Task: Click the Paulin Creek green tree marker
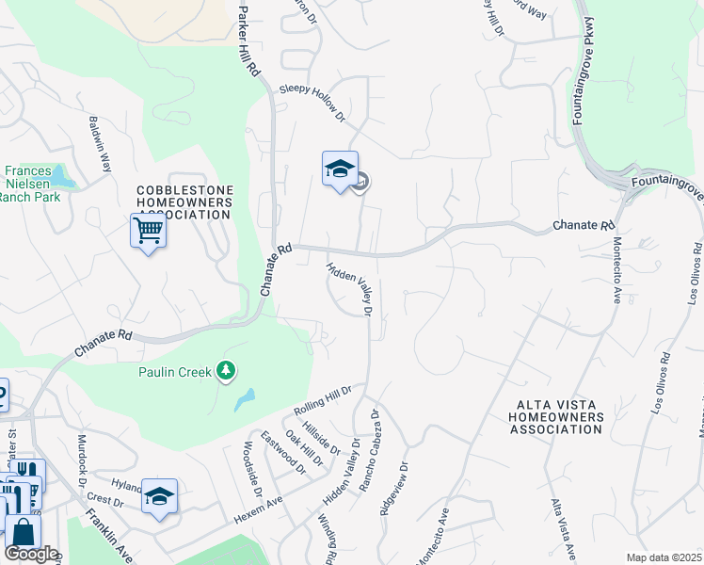coord(226,371)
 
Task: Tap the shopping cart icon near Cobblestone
coord(148,229)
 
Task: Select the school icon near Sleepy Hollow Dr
coord(340,169)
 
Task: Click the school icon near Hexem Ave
coord(159,495)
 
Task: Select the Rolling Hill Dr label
coord(322,401)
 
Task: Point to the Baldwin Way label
coord(100,142)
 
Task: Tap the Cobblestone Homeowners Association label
coord(184,202)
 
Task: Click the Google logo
coord(30,554)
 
